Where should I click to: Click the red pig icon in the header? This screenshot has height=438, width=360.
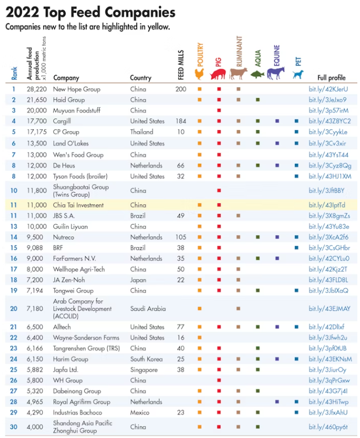coord(218,75)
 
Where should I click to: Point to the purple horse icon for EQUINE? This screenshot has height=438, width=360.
coord(276,72)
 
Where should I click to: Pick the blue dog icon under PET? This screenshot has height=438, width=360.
coord(297,74)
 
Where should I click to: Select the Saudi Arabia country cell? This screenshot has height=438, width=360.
coord(148,308)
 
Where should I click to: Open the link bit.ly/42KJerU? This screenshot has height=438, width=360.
coord(328,89)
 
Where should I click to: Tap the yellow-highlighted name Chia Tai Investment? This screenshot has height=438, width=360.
coord(78,205)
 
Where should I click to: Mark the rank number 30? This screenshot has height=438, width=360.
coord(14,427)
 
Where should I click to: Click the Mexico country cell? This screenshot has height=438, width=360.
coord(139,412)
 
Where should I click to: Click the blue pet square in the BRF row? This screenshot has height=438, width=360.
coord(297,248)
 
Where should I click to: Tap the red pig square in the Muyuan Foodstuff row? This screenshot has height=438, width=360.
coord(219,110)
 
